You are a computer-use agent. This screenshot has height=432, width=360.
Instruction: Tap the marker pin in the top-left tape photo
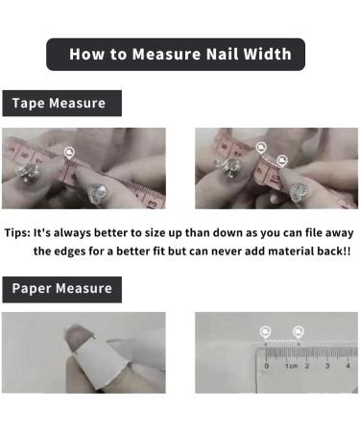68,153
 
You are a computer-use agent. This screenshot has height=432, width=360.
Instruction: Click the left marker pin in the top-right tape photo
261,147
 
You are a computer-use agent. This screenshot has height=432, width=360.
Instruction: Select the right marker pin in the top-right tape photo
282,160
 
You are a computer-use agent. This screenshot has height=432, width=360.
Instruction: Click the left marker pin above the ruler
266,332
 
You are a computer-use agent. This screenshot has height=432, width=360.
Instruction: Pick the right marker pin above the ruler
298,332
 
